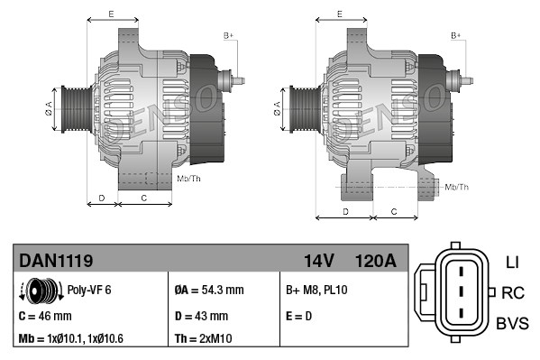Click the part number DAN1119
click(56, 261)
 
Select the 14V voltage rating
click(318, 261)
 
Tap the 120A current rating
click(376, 261)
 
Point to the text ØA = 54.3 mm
click(208, 291)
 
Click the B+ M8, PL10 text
click(316, 291)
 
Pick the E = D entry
click(299, 316)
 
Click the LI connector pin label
click(511, 263)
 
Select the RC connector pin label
click(513, 292)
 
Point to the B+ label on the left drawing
click(228, 35)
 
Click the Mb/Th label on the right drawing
click(458, 187)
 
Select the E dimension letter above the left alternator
click(110, 14)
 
